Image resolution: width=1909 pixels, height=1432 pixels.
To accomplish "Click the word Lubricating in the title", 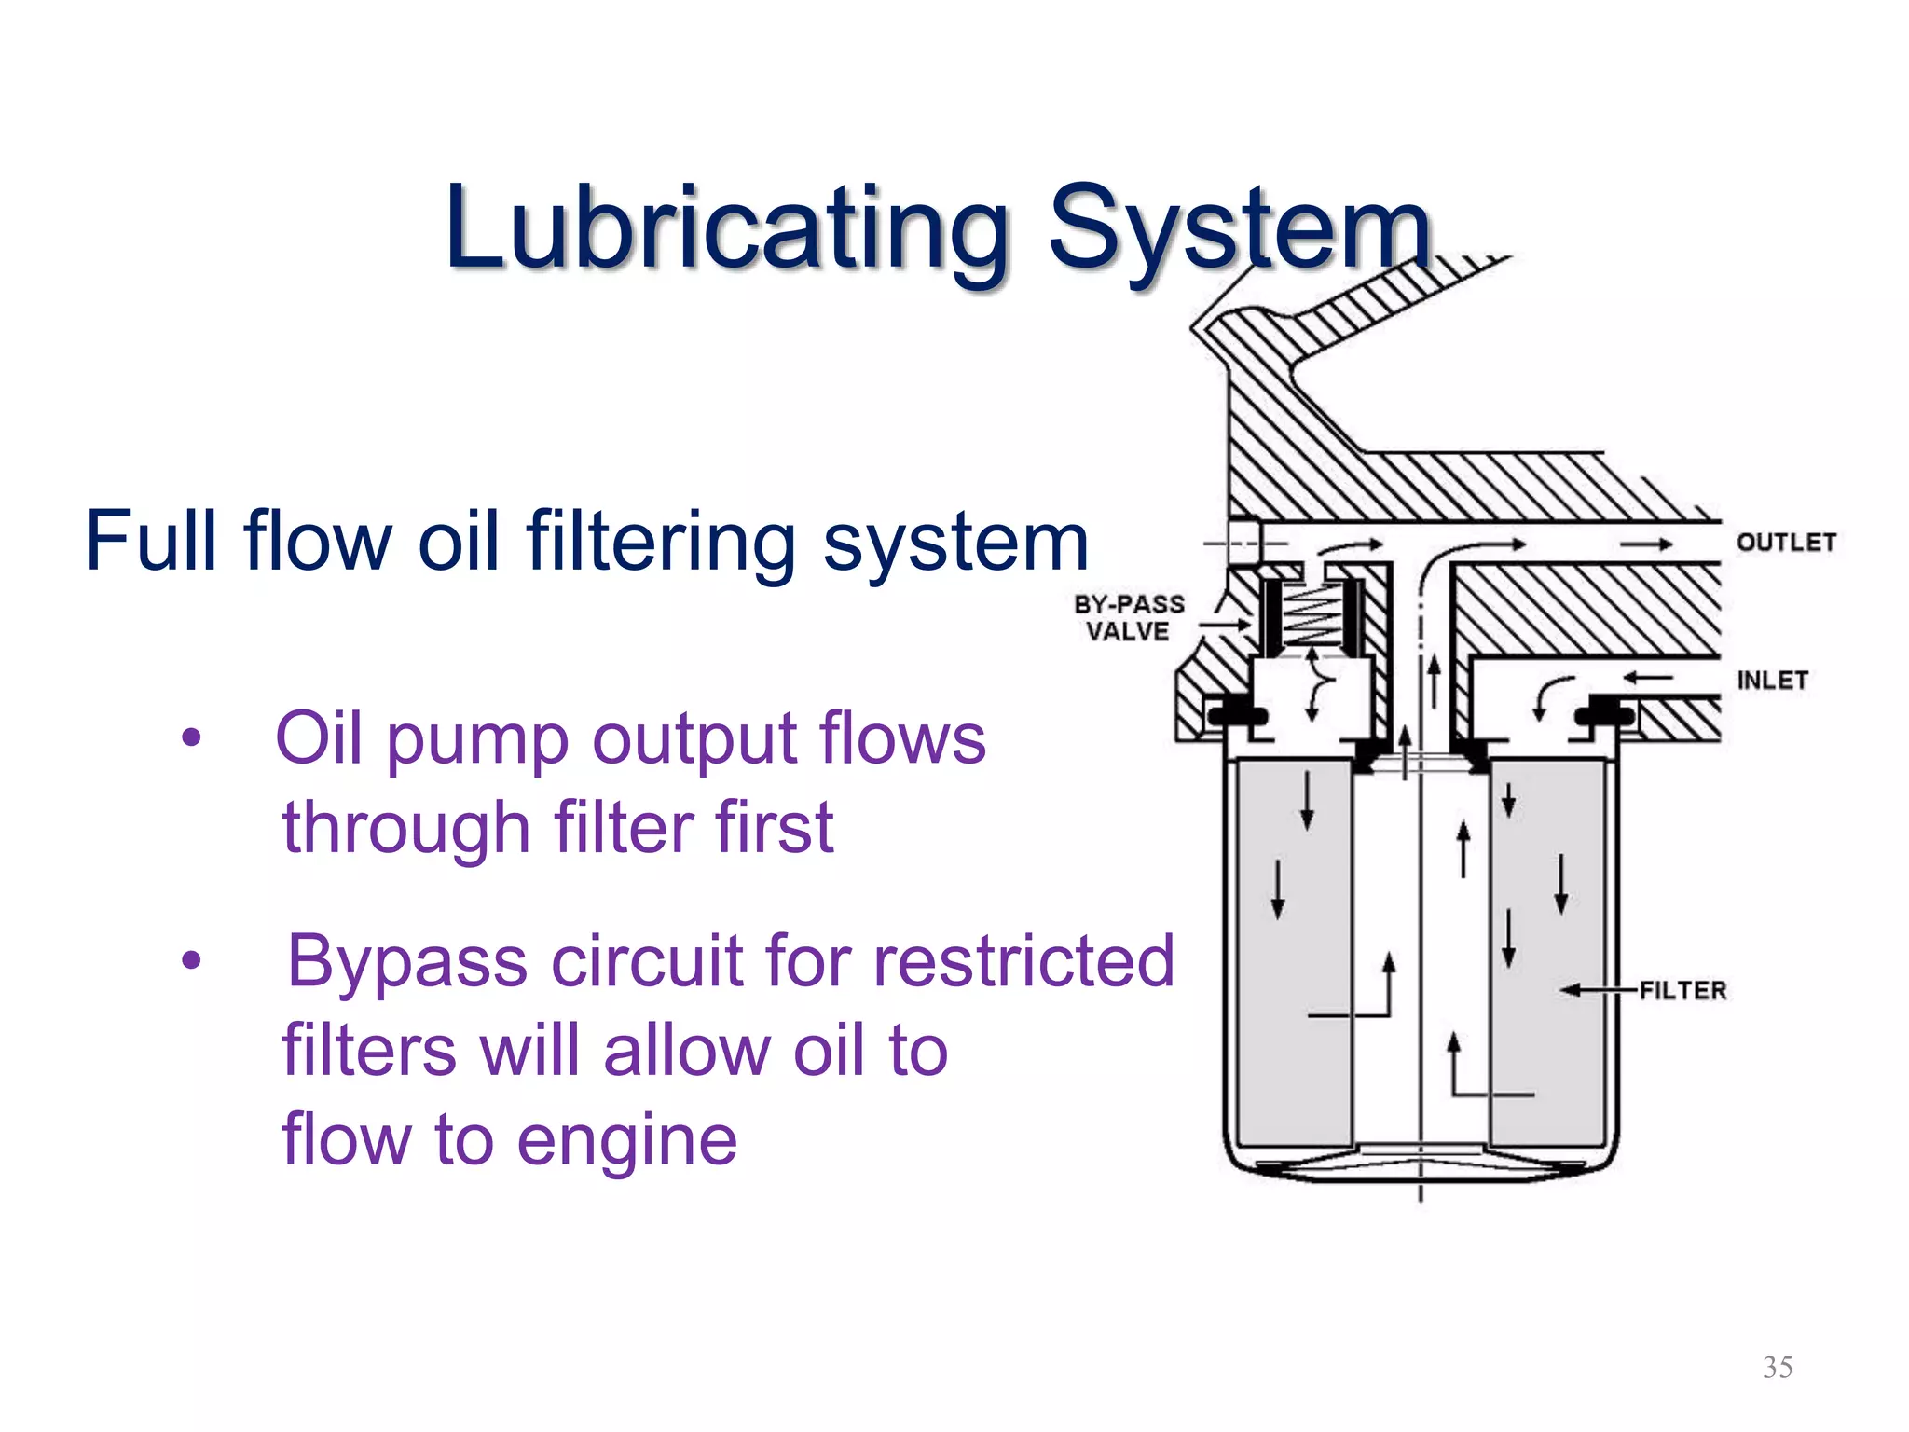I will (x=727, y=228).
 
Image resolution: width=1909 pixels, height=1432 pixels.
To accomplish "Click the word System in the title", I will (x=1240, y=228).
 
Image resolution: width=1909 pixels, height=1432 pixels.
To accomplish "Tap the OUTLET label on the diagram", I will (x=1786, y=543).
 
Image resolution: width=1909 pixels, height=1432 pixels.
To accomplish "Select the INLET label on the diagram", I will (x=1772, y=681).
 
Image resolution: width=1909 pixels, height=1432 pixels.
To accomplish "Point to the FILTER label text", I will (x=1682, y=990).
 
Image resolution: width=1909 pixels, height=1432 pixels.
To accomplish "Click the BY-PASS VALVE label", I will (x=1129, y=618).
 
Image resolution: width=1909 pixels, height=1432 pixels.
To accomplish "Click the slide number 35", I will (x=1778, y=1367).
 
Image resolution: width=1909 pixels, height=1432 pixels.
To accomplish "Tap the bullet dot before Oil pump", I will (x=191, y=738).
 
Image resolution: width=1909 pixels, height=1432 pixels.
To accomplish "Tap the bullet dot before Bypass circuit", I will (x=191, y=960).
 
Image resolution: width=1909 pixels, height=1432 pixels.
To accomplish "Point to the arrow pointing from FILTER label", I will (x=1598, y=990).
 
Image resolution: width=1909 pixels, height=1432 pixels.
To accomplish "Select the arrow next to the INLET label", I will (x=1648, y=678).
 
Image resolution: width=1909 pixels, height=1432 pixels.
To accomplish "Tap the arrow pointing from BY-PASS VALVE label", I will (x=1225, y=625).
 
